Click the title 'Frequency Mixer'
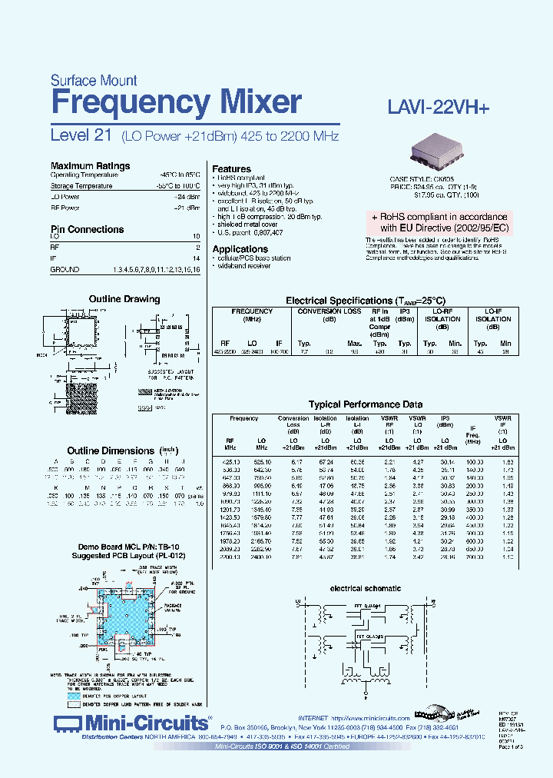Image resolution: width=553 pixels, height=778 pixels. (x=176, y=102)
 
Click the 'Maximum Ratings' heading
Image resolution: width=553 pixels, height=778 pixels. (x=90, y=165)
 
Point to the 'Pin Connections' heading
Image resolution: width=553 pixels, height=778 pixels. (x=87, y=229)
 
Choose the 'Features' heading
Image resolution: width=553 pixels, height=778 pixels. (x=231, y=169)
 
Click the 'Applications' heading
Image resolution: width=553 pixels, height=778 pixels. (x=240, y=249)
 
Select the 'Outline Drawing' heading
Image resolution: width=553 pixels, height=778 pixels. (x=124, y=299)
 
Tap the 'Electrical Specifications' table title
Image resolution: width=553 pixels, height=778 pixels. (x=365, y=301)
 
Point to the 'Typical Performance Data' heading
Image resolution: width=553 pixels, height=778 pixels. (x=366, y=404)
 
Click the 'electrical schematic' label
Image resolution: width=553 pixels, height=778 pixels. (x=365, y=588)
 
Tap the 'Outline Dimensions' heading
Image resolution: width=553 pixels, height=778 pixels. (x=111, y=451)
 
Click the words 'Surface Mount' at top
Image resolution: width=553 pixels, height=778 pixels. (x=94, y=80)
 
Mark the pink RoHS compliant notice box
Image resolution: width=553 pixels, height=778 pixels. (x=439, y=222)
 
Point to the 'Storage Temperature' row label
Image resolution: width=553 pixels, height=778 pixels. (x=81, y=186)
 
